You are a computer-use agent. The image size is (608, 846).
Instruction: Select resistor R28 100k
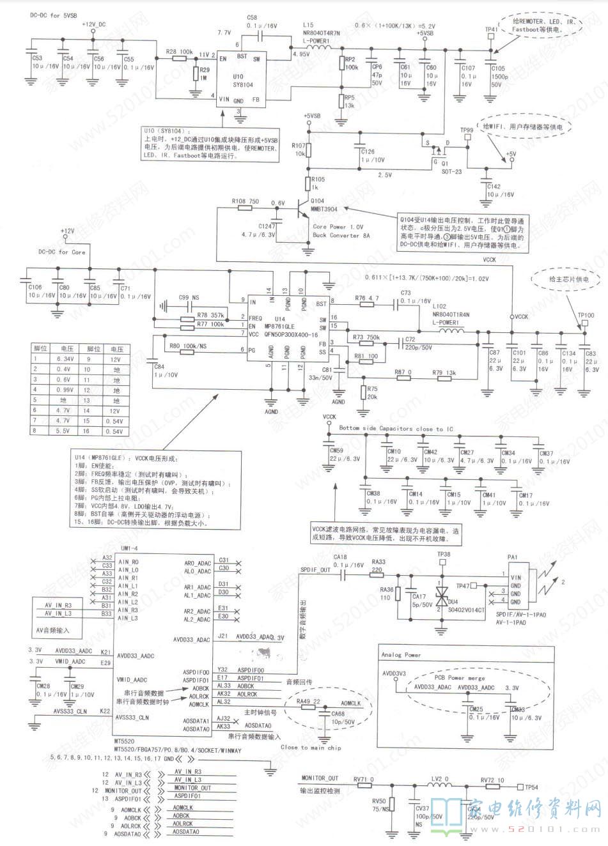coord(179,51)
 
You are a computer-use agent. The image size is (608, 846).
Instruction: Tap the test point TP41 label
coord(491,29)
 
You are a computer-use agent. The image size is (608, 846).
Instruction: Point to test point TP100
coord(586,315)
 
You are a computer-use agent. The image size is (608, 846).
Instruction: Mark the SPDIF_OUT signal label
coord(315,569)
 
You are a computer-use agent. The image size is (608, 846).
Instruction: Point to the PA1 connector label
coord(511,557)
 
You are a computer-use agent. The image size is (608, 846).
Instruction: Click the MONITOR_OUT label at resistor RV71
coord(319,778)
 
